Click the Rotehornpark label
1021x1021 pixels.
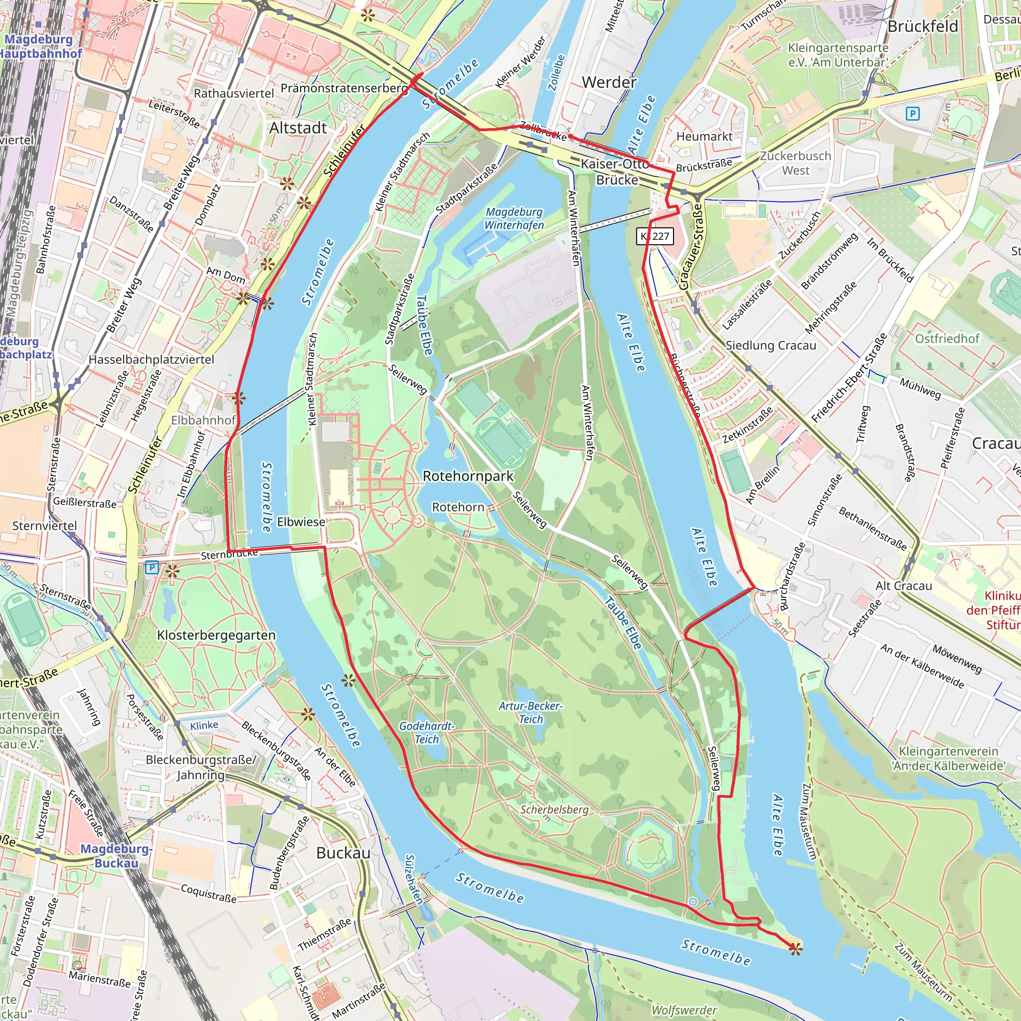click(x=468, y=476)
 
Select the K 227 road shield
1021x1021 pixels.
click(x=655, y=236)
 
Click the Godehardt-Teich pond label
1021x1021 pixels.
click(x=426, y=732)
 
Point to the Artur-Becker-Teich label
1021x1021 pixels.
click(x=530, y=712)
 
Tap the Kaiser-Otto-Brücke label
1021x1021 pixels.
click(x=616, y=172)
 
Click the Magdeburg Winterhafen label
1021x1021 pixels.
click(x=514, y=218)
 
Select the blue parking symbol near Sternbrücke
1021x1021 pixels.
click(x=152, y=567)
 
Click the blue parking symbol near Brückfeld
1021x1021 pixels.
click(x=912, y=113)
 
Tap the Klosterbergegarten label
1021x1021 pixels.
click(x=216, y=635)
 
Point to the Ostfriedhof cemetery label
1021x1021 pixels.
click(x=947, y=338)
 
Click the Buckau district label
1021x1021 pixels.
click(x=343, y=853)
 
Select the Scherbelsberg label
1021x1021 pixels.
click(x=554, y=810)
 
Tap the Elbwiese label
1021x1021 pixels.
click(x=301, y=521)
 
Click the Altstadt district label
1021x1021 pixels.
click(x=298, y=128)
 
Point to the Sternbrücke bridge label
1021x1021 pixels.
click(x=229, y=554)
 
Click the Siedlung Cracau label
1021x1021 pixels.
click(x=771, y=345)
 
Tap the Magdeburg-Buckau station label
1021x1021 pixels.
click(x=116, y=855)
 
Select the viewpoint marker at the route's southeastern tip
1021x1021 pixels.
click(x=795, y=949)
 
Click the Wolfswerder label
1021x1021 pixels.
click(x=684, y=1010)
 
